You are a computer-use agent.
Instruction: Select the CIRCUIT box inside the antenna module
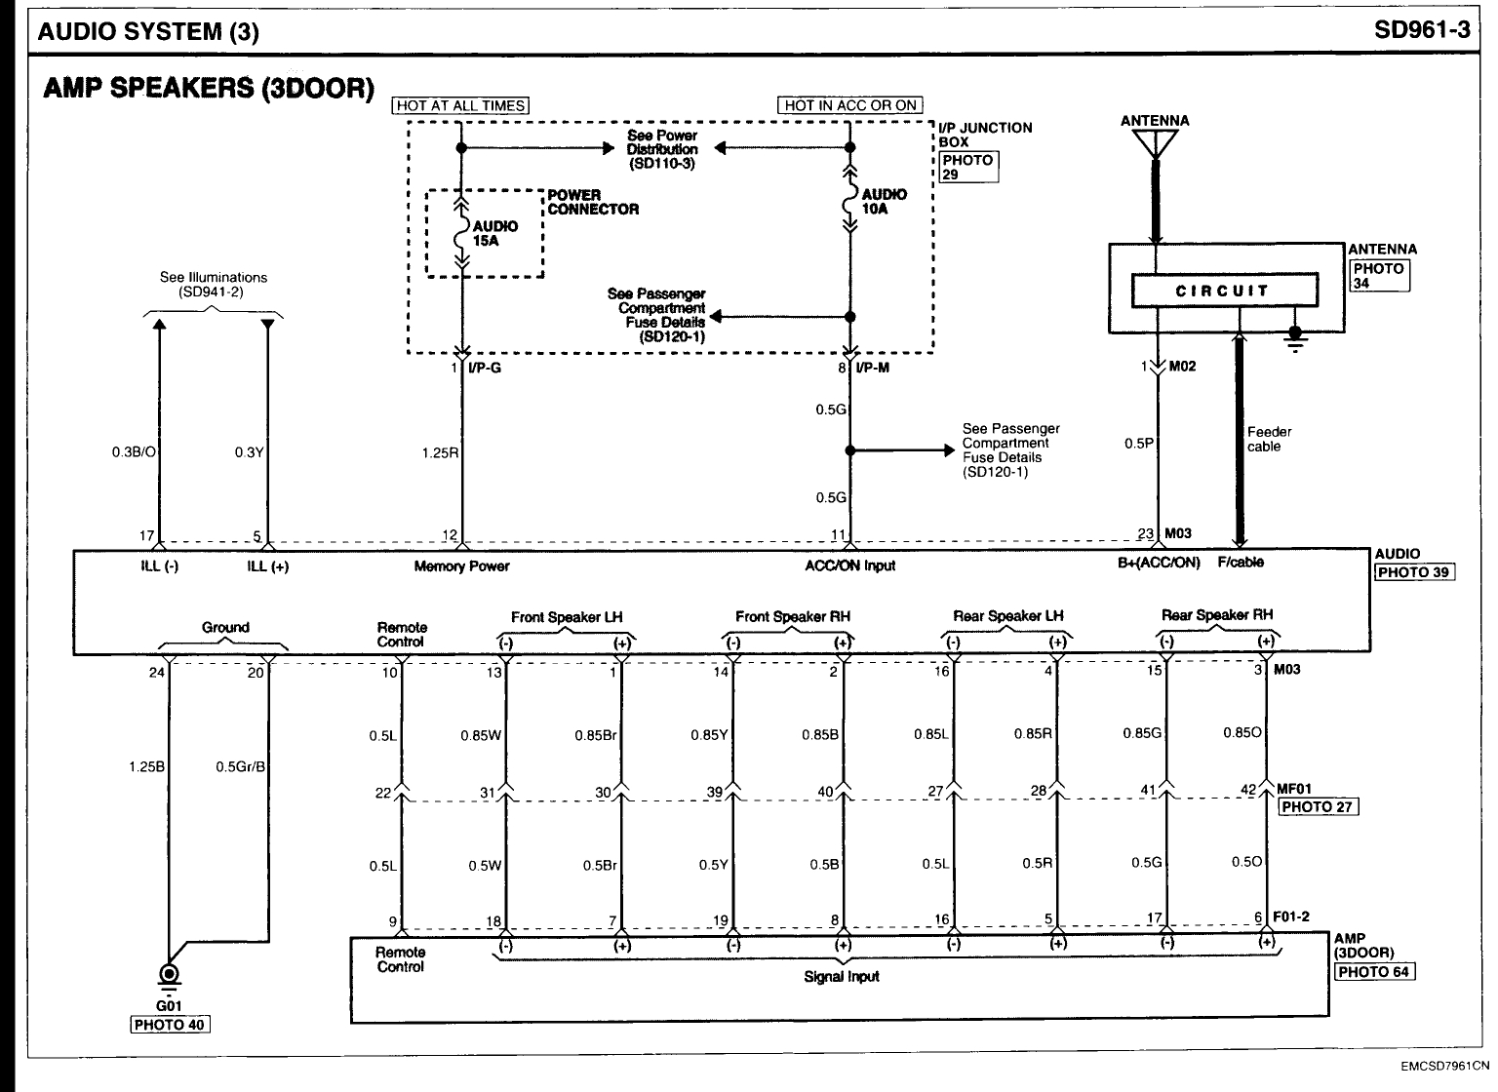1223,291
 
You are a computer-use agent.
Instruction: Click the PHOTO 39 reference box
1414,572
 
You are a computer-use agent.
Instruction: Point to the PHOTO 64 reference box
1375,971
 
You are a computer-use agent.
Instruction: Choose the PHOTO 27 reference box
1320,806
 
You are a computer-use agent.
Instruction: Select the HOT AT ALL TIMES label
460,105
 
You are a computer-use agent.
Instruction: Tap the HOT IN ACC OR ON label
850,105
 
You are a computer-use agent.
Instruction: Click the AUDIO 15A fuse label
495,233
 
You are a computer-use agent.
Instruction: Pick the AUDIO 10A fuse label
884,201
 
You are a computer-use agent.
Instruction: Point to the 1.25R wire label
440,452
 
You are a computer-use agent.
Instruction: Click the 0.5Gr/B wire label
240,766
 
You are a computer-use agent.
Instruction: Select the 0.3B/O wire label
133,452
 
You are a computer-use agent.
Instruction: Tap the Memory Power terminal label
461,566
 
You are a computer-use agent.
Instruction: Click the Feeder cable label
1270,439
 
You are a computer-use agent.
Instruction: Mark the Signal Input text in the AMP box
842,976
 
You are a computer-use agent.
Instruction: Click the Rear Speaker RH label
1216,615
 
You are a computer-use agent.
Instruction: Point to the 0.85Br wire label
594,735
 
